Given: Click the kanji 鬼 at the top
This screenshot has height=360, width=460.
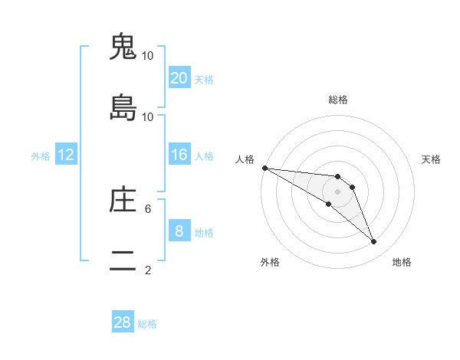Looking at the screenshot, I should click(123, 47).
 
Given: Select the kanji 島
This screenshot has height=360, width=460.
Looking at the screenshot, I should click(123, 108).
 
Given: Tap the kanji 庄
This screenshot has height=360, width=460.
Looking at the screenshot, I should click(123, 200).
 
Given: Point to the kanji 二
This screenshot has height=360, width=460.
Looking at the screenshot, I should click(123, 261).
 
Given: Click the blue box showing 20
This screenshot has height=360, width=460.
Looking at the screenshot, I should click(179, 77).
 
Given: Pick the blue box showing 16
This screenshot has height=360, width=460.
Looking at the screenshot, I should click(179, 155).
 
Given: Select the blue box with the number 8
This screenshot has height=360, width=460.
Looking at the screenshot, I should click(179, 231).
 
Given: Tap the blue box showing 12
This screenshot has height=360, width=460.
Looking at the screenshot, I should click(66, 155).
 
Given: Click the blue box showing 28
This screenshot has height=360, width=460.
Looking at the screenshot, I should click(123, 322).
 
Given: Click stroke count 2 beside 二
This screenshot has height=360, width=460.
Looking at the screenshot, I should click(148, 270).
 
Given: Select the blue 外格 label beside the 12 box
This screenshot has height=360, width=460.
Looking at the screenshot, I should click(41, 156).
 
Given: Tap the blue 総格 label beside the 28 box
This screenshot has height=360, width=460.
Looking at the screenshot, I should click(147, 324).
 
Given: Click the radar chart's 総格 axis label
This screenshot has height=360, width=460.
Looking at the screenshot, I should click(337, 100).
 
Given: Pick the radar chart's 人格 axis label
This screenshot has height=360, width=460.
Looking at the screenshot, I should click(245, 159).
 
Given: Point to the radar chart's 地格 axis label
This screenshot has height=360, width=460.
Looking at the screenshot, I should click(402, 262).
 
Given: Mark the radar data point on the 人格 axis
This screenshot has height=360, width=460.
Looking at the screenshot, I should click(264, 168).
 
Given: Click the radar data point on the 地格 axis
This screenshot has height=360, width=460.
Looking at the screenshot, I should click(373, 242).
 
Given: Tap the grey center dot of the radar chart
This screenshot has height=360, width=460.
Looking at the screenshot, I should click(337, 191).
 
